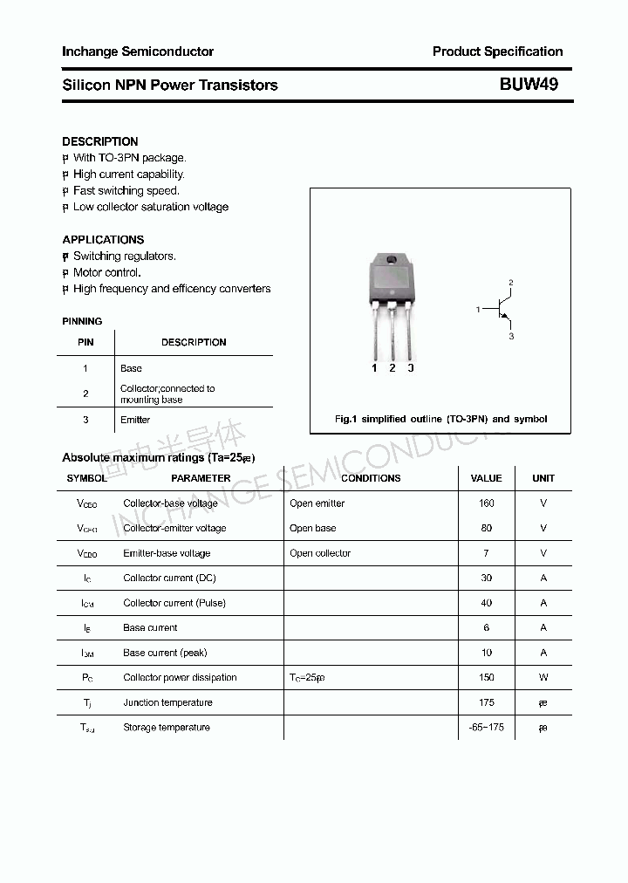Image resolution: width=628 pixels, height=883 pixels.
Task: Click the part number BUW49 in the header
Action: [x=529, y=85]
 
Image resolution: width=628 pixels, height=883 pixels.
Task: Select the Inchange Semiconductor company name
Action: [x=138, y=51]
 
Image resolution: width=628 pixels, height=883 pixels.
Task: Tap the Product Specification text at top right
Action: [x=497, y=51]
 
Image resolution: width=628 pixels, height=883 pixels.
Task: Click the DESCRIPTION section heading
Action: [x=100, y=141]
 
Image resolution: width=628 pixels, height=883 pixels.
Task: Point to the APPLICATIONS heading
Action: [x=103, y=239]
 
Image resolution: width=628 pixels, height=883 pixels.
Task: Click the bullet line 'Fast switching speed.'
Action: [x=126, y=190]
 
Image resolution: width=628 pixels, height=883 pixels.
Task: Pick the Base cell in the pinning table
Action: [x=131, y=368]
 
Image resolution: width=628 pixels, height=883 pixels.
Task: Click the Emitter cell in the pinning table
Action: [x=135, y=420]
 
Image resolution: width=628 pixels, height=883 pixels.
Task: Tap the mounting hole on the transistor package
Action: [x=392, y=260]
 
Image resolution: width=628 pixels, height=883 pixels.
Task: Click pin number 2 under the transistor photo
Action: [x=392, y=368]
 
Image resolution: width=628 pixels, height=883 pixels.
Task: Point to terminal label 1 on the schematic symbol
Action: [x=478, y=310]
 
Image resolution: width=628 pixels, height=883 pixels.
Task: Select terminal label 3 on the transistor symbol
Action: [x=511, y=336]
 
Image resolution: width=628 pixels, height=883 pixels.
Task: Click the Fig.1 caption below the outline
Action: [x=440, y=419]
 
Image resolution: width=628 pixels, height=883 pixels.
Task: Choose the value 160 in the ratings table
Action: [x=486, y=503]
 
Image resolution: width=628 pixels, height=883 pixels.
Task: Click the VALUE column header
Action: [x=486, y=478]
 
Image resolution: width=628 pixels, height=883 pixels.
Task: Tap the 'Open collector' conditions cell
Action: [x=320, y=553]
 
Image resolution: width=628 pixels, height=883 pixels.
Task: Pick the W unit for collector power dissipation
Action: [x=543, y=677]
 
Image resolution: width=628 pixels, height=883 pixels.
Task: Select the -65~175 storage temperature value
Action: [x=486, y=727]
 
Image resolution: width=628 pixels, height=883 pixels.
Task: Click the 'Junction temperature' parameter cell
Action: [x=167, y=702]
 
